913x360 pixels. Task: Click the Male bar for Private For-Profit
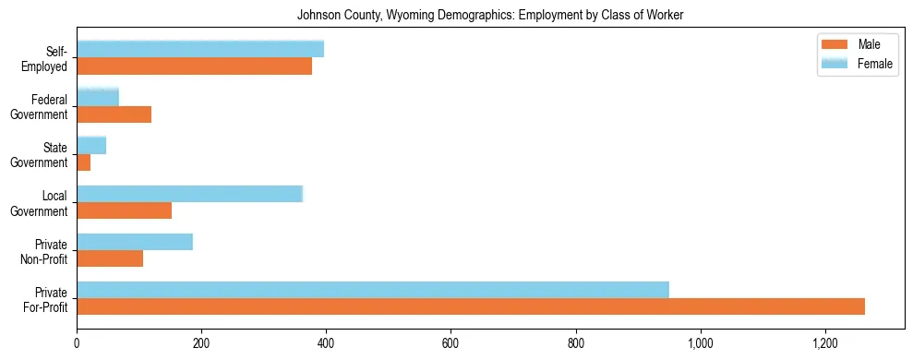[471, 306]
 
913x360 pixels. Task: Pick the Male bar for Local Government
[125, 210]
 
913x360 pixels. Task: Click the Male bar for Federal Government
[114, 114]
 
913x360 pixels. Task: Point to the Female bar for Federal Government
[98, 97]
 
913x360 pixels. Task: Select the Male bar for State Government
[84, 162]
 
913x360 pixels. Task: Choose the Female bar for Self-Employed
[200, 49]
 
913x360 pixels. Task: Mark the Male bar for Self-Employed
[195, 66]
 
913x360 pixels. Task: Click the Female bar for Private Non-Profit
[135, 242]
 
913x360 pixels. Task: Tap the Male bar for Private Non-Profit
[110, 258]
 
